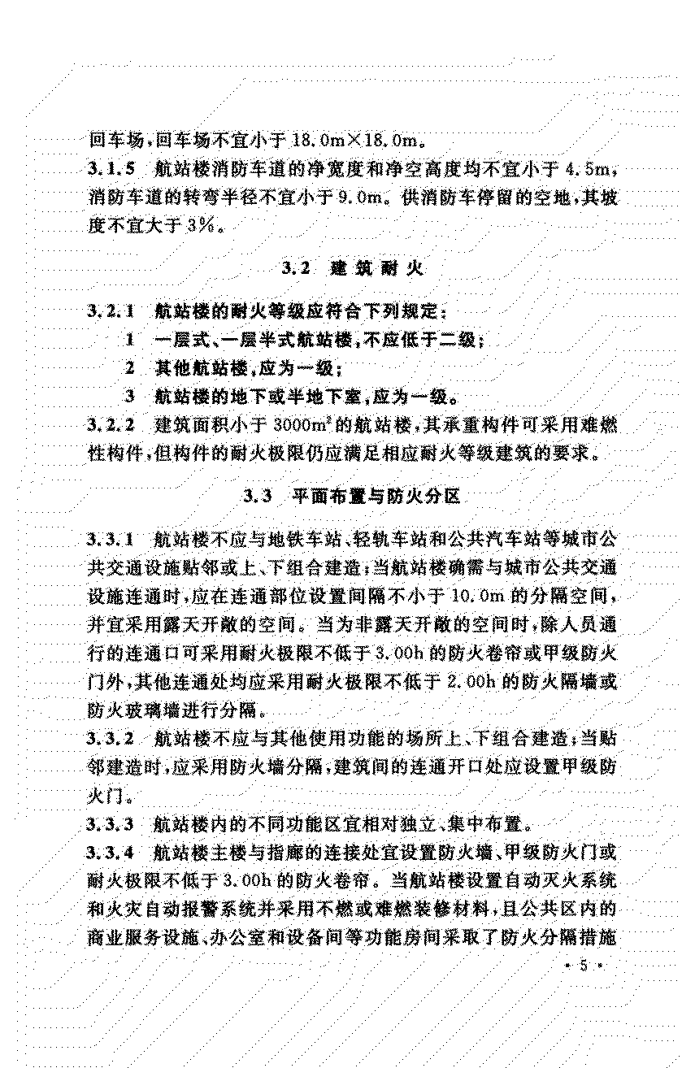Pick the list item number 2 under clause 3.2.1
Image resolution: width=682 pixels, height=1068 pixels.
[x=129, y=368]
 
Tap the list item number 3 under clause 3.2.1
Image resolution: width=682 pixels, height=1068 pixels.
[x=129, y=397]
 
